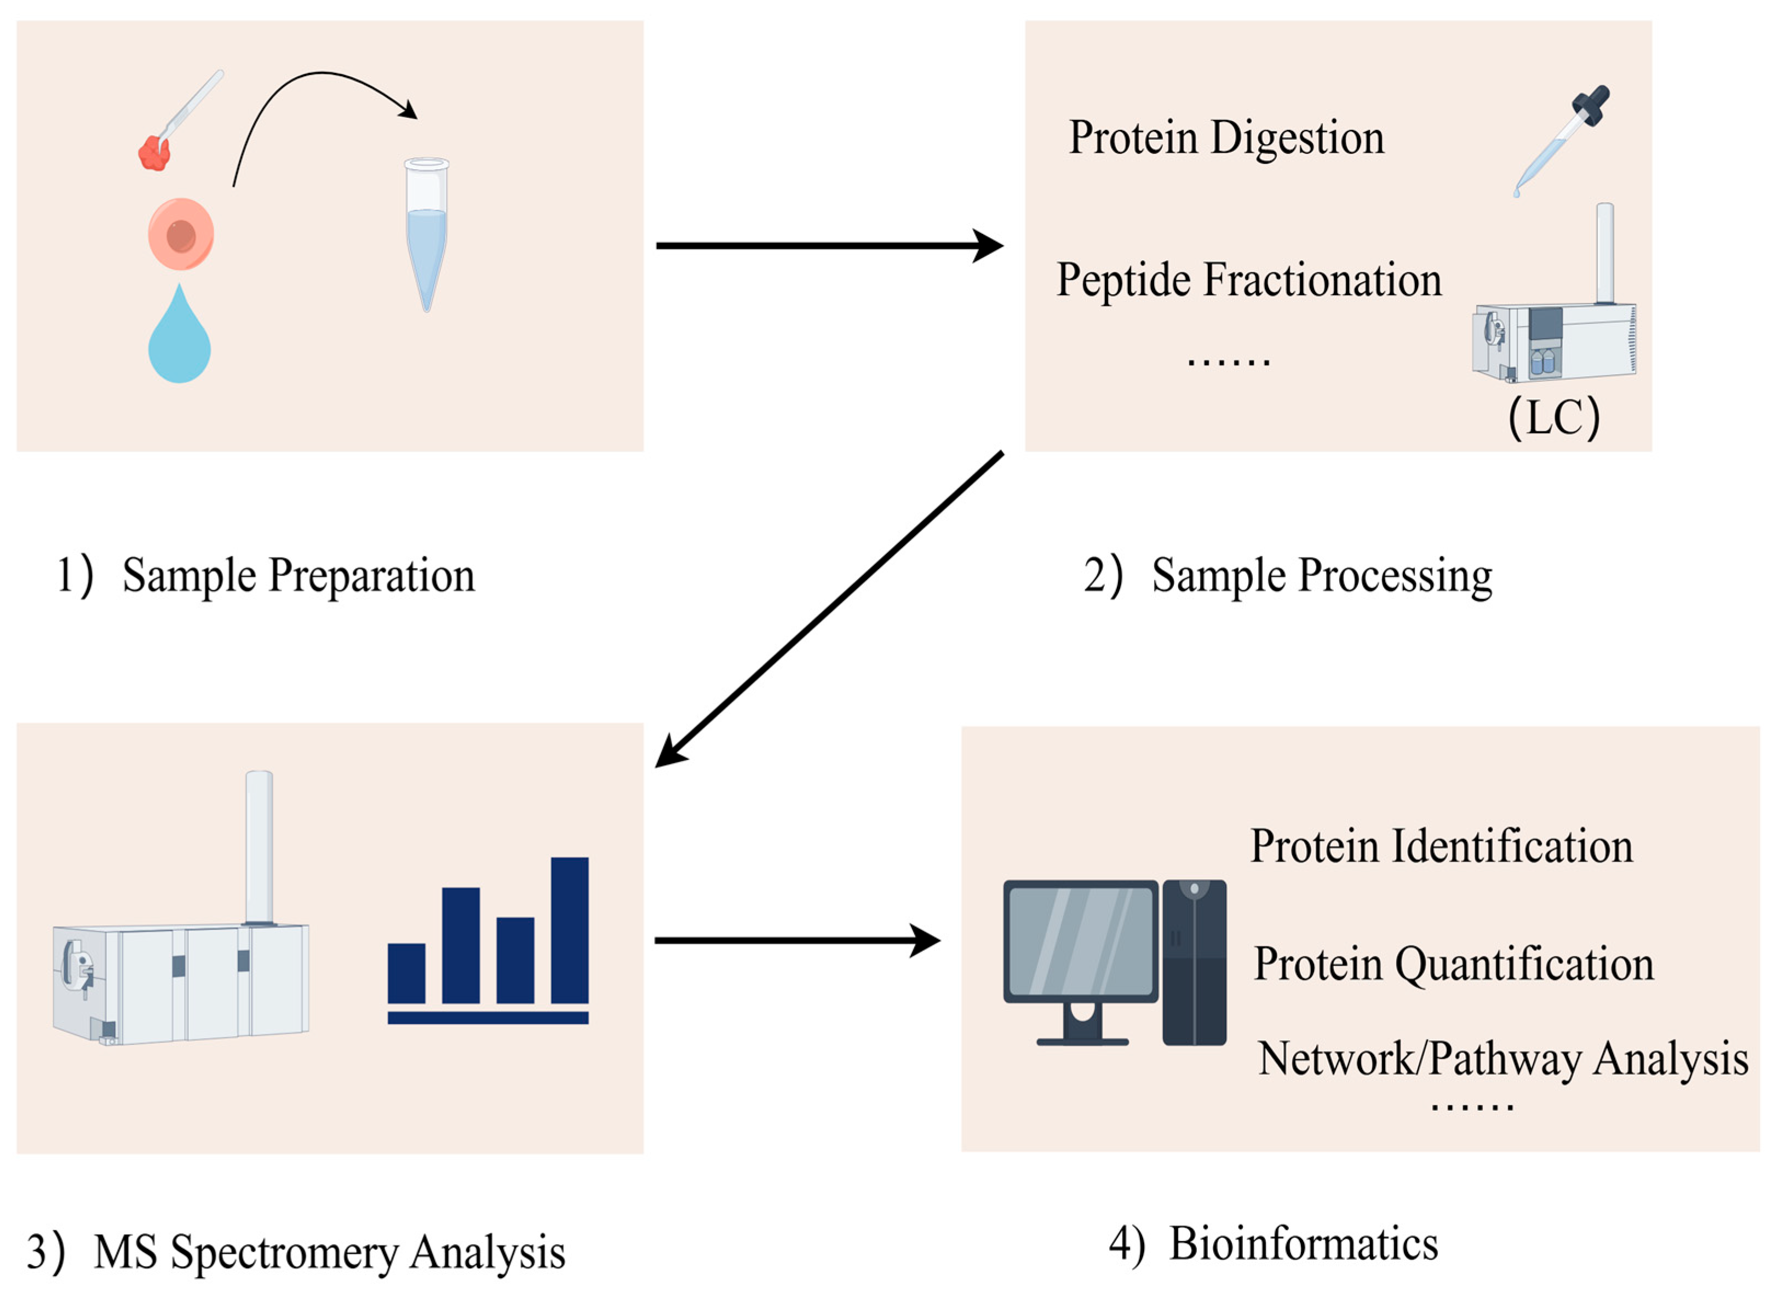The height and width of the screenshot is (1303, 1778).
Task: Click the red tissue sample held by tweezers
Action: pos(154,154)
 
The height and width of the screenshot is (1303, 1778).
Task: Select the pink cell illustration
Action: pos(181,234)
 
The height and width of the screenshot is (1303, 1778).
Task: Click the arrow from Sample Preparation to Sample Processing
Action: pos(828,246)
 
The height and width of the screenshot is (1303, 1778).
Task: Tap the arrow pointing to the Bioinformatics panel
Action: pos(797,940)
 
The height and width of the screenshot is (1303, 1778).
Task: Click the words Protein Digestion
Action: pos(1226,138)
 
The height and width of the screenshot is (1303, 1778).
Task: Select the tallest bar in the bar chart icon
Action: pos(570,930)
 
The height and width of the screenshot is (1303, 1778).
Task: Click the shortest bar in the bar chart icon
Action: pos(406,973)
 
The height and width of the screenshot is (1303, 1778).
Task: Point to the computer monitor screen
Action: pos(1081,941)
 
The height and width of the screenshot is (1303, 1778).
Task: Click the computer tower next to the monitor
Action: pos(1194,962)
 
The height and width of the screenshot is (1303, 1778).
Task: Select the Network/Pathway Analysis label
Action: pos(1502,1059)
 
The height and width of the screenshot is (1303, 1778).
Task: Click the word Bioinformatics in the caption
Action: pos(1303,1244)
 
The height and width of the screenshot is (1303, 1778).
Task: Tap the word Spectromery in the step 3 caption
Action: pos(284,1253)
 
